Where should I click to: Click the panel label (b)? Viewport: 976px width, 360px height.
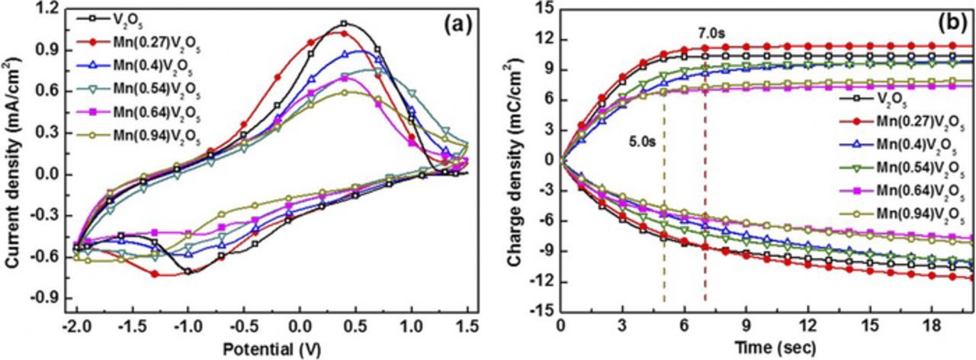pos(952,24)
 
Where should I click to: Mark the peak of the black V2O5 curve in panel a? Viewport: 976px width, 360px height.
pos(345,24)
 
